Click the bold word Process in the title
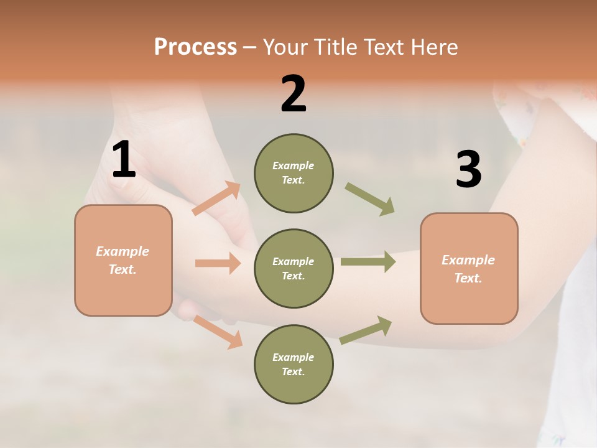195,47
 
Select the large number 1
124,160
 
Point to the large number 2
294,94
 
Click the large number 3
468,169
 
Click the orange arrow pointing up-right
216,198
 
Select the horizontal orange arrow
218,263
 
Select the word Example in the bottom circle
293,357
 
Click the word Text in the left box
122,269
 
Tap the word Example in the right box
468,260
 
